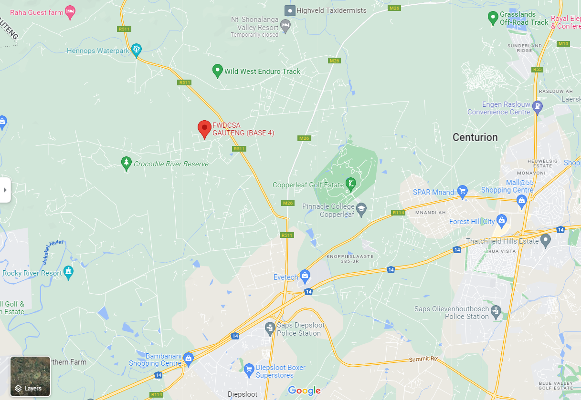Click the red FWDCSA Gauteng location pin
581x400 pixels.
tap(204, 128)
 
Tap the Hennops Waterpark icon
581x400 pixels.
tap(137, 50)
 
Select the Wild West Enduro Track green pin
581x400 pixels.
tap(217, 71)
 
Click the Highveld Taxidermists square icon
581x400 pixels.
tap(289, 10)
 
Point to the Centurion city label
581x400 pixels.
tap(475, 137)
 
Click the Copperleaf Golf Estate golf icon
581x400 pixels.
tap(351, 184)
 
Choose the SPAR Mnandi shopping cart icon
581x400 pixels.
tap(462, 192)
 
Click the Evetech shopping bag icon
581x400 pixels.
tap(305, 276)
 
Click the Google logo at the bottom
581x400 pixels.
tap(304, 391)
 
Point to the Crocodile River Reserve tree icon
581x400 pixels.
tap(126, 163)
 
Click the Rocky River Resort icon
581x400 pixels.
tap(69, 272)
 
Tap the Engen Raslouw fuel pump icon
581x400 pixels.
tap(538, 107)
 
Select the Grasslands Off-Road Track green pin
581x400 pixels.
tap(493, 18)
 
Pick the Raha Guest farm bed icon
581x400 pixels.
tap(70, 11)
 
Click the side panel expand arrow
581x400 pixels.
tap(5, 190)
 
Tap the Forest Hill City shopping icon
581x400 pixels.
tap(501, 221)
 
